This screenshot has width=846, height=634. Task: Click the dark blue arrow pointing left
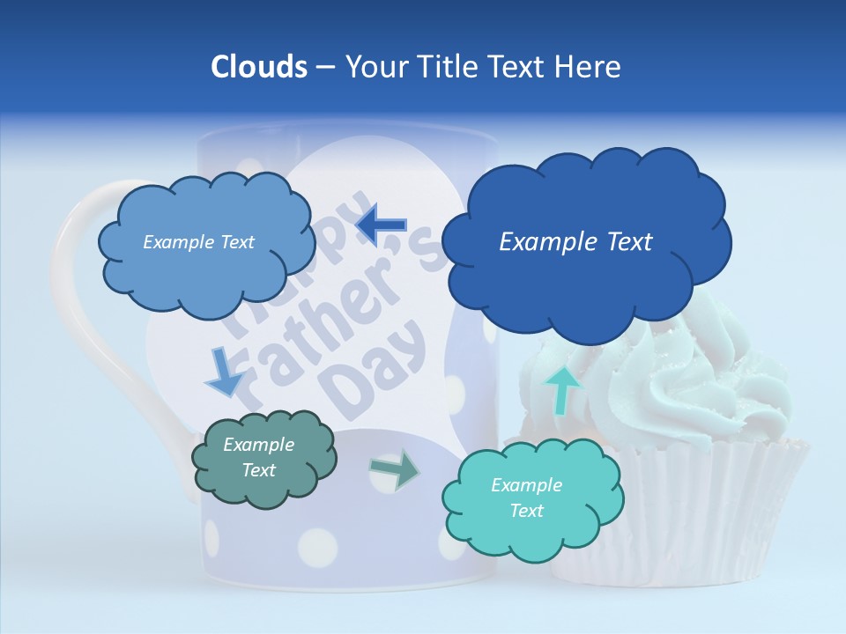tap(381, 225)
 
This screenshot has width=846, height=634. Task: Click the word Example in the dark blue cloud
tap(539, 241)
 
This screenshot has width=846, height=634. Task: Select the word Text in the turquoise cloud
tap(527, 511)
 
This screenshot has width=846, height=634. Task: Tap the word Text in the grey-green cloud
tap(259, 470)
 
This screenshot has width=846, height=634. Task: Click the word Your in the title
tap(373, 67)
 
